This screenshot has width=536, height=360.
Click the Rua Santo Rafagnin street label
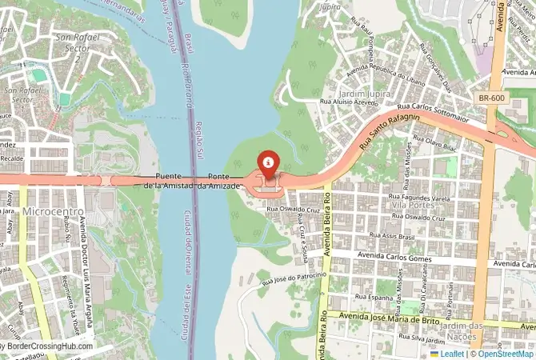[x=390, y=132]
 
